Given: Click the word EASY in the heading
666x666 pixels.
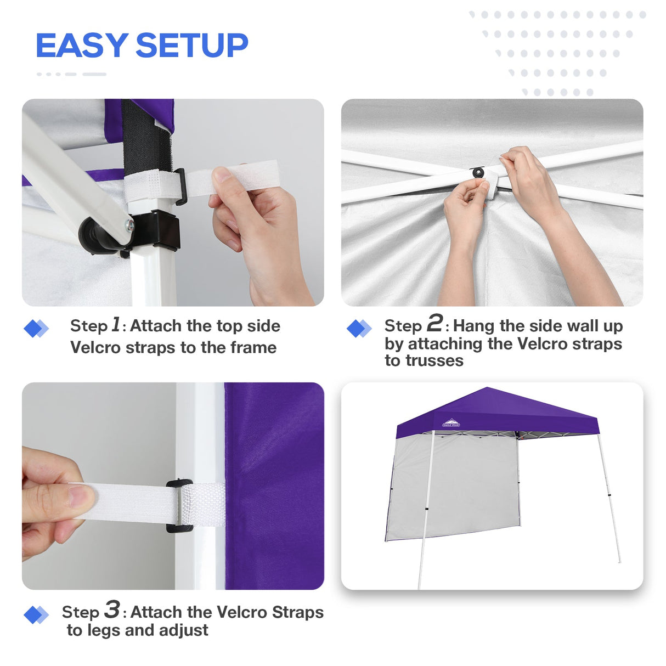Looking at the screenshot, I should [x=81, y=46].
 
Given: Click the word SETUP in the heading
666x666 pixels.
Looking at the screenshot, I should [x=191, y=46].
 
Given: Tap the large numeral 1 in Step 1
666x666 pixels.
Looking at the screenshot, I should [x=115, y=324].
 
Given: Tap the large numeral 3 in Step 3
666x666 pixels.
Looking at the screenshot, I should [x=112, y=609].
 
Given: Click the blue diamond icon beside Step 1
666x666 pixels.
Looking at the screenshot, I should [x=36, y=329].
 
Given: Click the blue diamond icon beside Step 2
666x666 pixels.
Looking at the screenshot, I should [x=359, y=329].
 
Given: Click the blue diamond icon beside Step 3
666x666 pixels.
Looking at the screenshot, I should [x=36, y=614].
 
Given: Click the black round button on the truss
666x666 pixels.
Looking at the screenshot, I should [x=478, y=173].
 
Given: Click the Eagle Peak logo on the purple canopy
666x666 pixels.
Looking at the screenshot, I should [x=451, y=423].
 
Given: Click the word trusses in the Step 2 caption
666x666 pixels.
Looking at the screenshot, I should [x=424, y=361].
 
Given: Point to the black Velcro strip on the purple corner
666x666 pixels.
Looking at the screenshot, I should [x=146, y=137].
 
